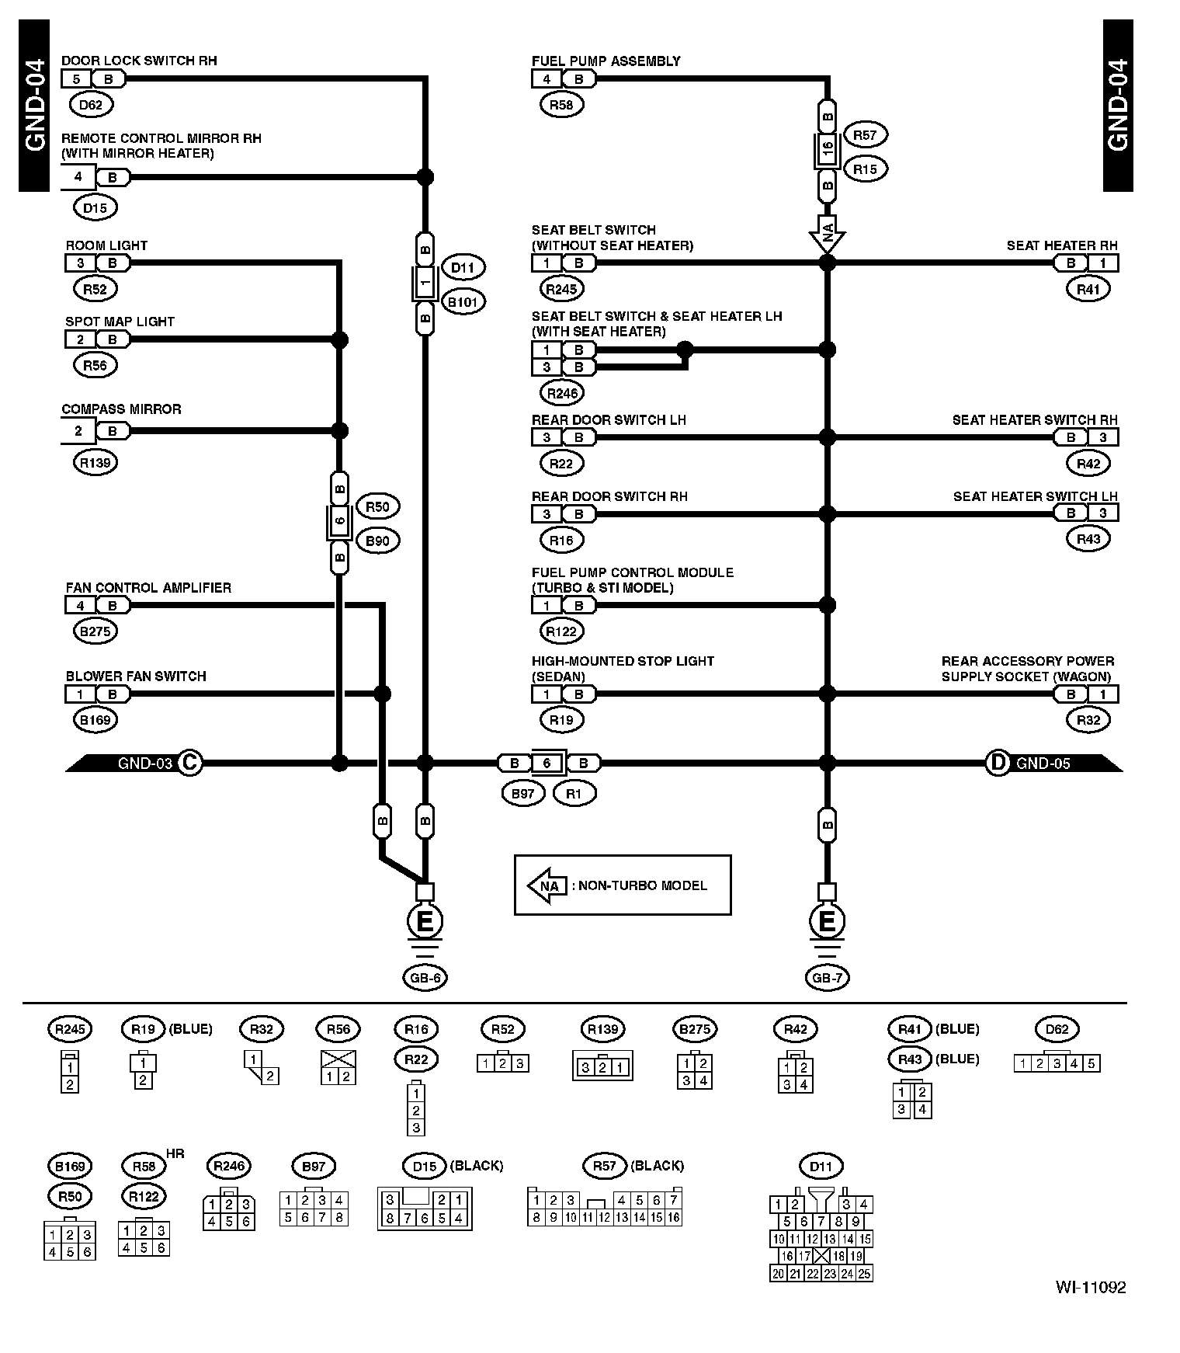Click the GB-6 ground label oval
425,978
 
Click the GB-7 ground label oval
827,978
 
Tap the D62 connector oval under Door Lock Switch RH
91,104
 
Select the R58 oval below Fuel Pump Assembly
561,105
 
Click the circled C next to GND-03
189,763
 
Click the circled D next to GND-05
997,763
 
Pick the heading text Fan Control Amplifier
148,588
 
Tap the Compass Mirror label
121,409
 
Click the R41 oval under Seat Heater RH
1088,289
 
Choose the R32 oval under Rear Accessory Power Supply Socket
1088,720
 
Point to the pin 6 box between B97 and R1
547,763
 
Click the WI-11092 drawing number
1090,1288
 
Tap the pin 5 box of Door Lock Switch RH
77,78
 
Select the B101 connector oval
463,301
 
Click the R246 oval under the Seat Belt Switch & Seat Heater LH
562,393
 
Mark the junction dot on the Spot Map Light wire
339,339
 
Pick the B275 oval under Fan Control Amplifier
95,631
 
